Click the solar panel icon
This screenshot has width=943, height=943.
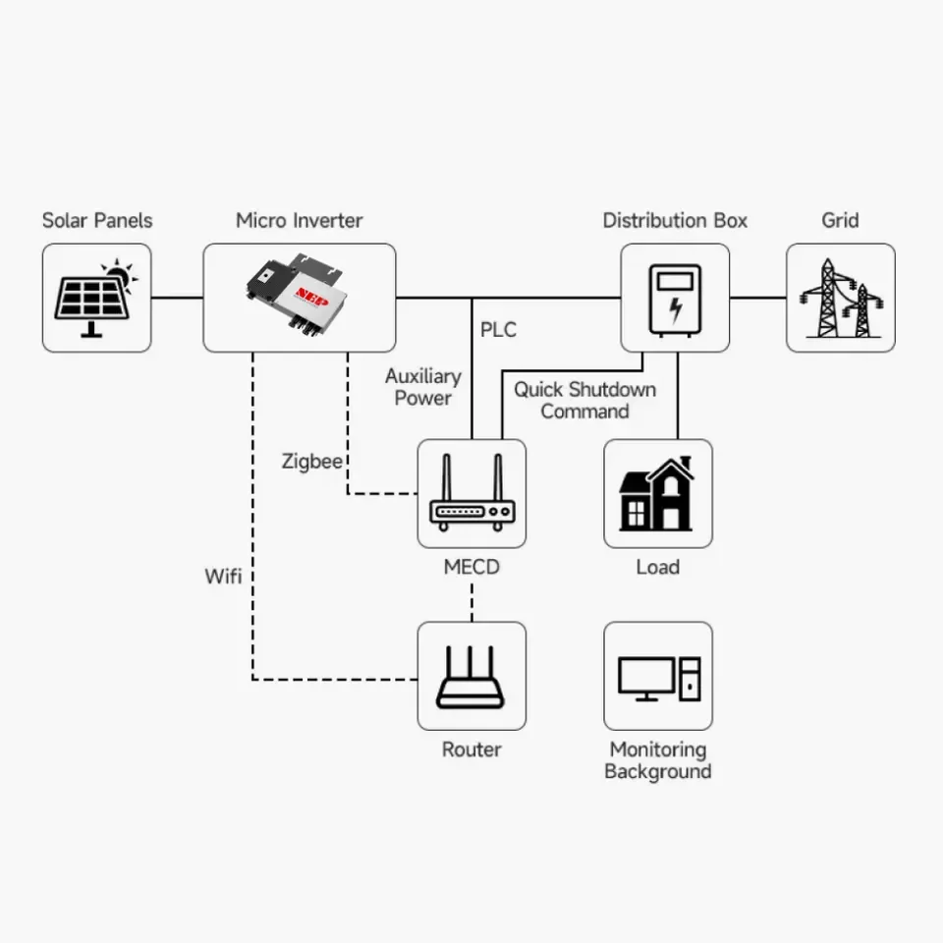[x=96, y=298]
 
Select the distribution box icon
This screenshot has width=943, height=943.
[x=675, y=298]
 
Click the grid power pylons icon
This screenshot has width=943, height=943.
[x=840, y=298]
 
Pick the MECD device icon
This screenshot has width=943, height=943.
[x=471, y=493]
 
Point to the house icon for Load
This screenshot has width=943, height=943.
[x=657, y=493]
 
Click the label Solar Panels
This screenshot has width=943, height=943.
[x=97, y=220]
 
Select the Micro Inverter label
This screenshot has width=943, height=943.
[x=299, y=220]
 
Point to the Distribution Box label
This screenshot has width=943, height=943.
[x=675, y=220]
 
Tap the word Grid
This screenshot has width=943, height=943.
[x=840, y=220]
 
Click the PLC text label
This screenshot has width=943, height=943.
[x=498, y=330]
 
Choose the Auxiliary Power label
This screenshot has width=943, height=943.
[x=422, y=387]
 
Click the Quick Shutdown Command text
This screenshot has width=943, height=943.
[x=584, y=400]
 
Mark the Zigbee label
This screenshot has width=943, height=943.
[x=311, y=461]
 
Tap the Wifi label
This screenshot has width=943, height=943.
[x=223, y=576]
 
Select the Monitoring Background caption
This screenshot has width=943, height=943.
[x=657, y=760]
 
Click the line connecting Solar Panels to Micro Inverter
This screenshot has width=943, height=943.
[x=177, y=298]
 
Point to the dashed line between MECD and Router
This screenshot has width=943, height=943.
[x=471, y=599]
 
